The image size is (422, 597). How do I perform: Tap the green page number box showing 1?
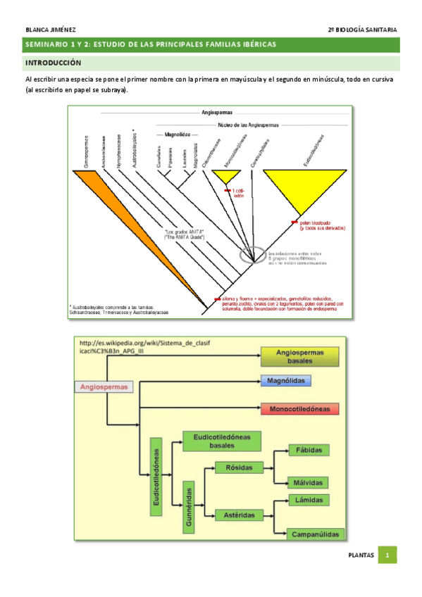387,555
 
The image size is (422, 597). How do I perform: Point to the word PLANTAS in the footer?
361,555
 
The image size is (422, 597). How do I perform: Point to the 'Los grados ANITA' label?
184,234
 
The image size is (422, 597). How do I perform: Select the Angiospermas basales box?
299,356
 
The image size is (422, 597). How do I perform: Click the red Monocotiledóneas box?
299,408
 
